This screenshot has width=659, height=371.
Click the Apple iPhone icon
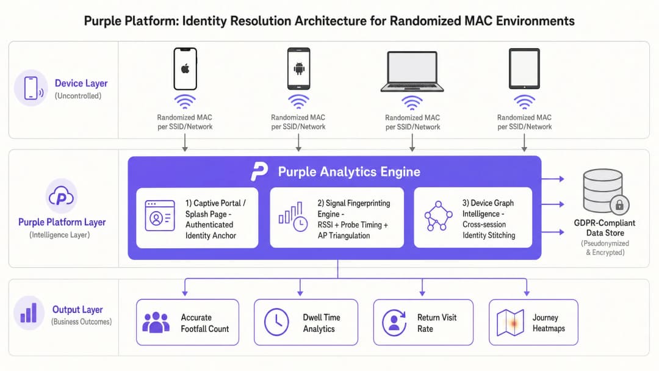pyautogui.click(x=185, y=69)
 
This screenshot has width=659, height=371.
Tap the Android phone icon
pyautogui.click(x=299, y=69)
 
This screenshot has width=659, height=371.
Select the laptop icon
pyautogui.click(x=412, y=71)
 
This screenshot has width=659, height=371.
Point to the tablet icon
pyautogui.click(x=524, y=69)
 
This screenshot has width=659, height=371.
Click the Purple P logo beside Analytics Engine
pyautogui.click(x=259, y=171)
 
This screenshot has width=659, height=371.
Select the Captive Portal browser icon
pyautogui.click(x=160, y=215)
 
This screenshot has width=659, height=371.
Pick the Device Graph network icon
pyautogui.click(x=438, y=216)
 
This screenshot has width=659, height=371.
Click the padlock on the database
pyautogui.click(x=619, y=205)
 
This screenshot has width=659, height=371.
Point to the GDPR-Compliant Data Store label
pyautogui.click(x=605, y=228)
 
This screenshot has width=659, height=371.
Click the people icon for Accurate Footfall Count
pyautogui.click(x=156, y=322)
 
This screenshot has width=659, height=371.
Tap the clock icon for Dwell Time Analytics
pyautogui.click(x=276, y=322)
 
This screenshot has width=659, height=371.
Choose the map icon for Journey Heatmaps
pyautogui.click(x=510, y=323)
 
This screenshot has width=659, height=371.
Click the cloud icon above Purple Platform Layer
pyautogui.click(x=62, y=196)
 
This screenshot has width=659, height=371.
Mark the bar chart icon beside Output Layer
pyautogui.click(x=29, y=312)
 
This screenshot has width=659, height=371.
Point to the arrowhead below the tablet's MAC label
pyautogui.click(x=524, y=148)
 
